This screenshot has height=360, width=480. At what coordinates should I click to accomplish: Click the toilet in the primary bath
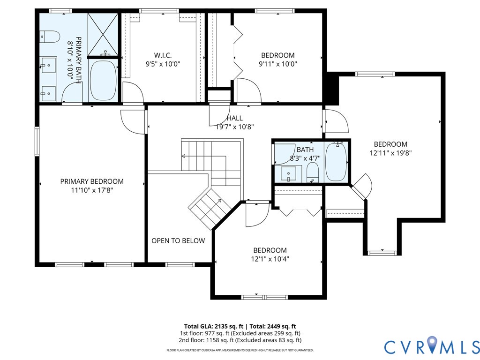(50, 37)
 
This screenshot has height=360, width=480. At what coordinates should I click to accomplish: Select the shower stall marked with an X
(103, 35)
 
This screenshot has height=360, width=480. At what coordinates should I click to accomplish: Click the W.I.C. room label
(163, 55)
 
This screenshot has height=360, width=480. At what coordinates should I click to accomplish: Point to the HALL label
(235, 118)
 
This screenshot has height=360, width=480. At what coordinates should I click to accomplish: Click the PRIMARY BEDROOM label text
(92, 181)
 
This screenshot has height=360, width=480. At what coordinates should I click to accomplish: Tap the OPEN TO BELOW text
(178, 241)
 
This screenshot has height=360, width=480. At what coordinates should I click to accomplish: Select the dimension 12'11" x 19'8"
(390, 153)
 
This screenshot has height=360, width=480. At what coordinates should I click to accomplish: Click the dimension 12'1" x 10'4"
(270, 259)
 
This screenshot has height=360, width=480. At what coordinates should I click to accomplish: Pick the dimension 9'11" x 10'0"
(278, 64)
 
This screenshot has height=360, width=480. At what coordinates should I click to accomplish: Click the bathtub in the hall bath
(336, 162)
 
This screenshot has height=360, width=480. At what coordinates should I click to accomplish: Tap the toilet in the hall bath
(313, 172)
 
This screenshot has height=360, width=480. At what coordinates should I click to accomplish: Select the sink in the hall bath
(289, 174)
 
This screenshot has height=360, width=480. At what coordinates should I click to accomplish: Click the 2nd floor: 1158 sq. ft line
(240, 340)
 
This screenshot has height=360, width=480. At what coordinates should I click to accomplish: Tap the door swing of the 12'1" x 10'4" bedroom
(257, 215)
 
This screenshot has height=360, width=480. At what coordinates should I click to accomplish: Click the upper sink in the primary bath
(49, 65)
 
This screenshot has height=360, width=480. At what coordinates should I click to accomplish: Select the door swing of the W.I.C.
(133, 92)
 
